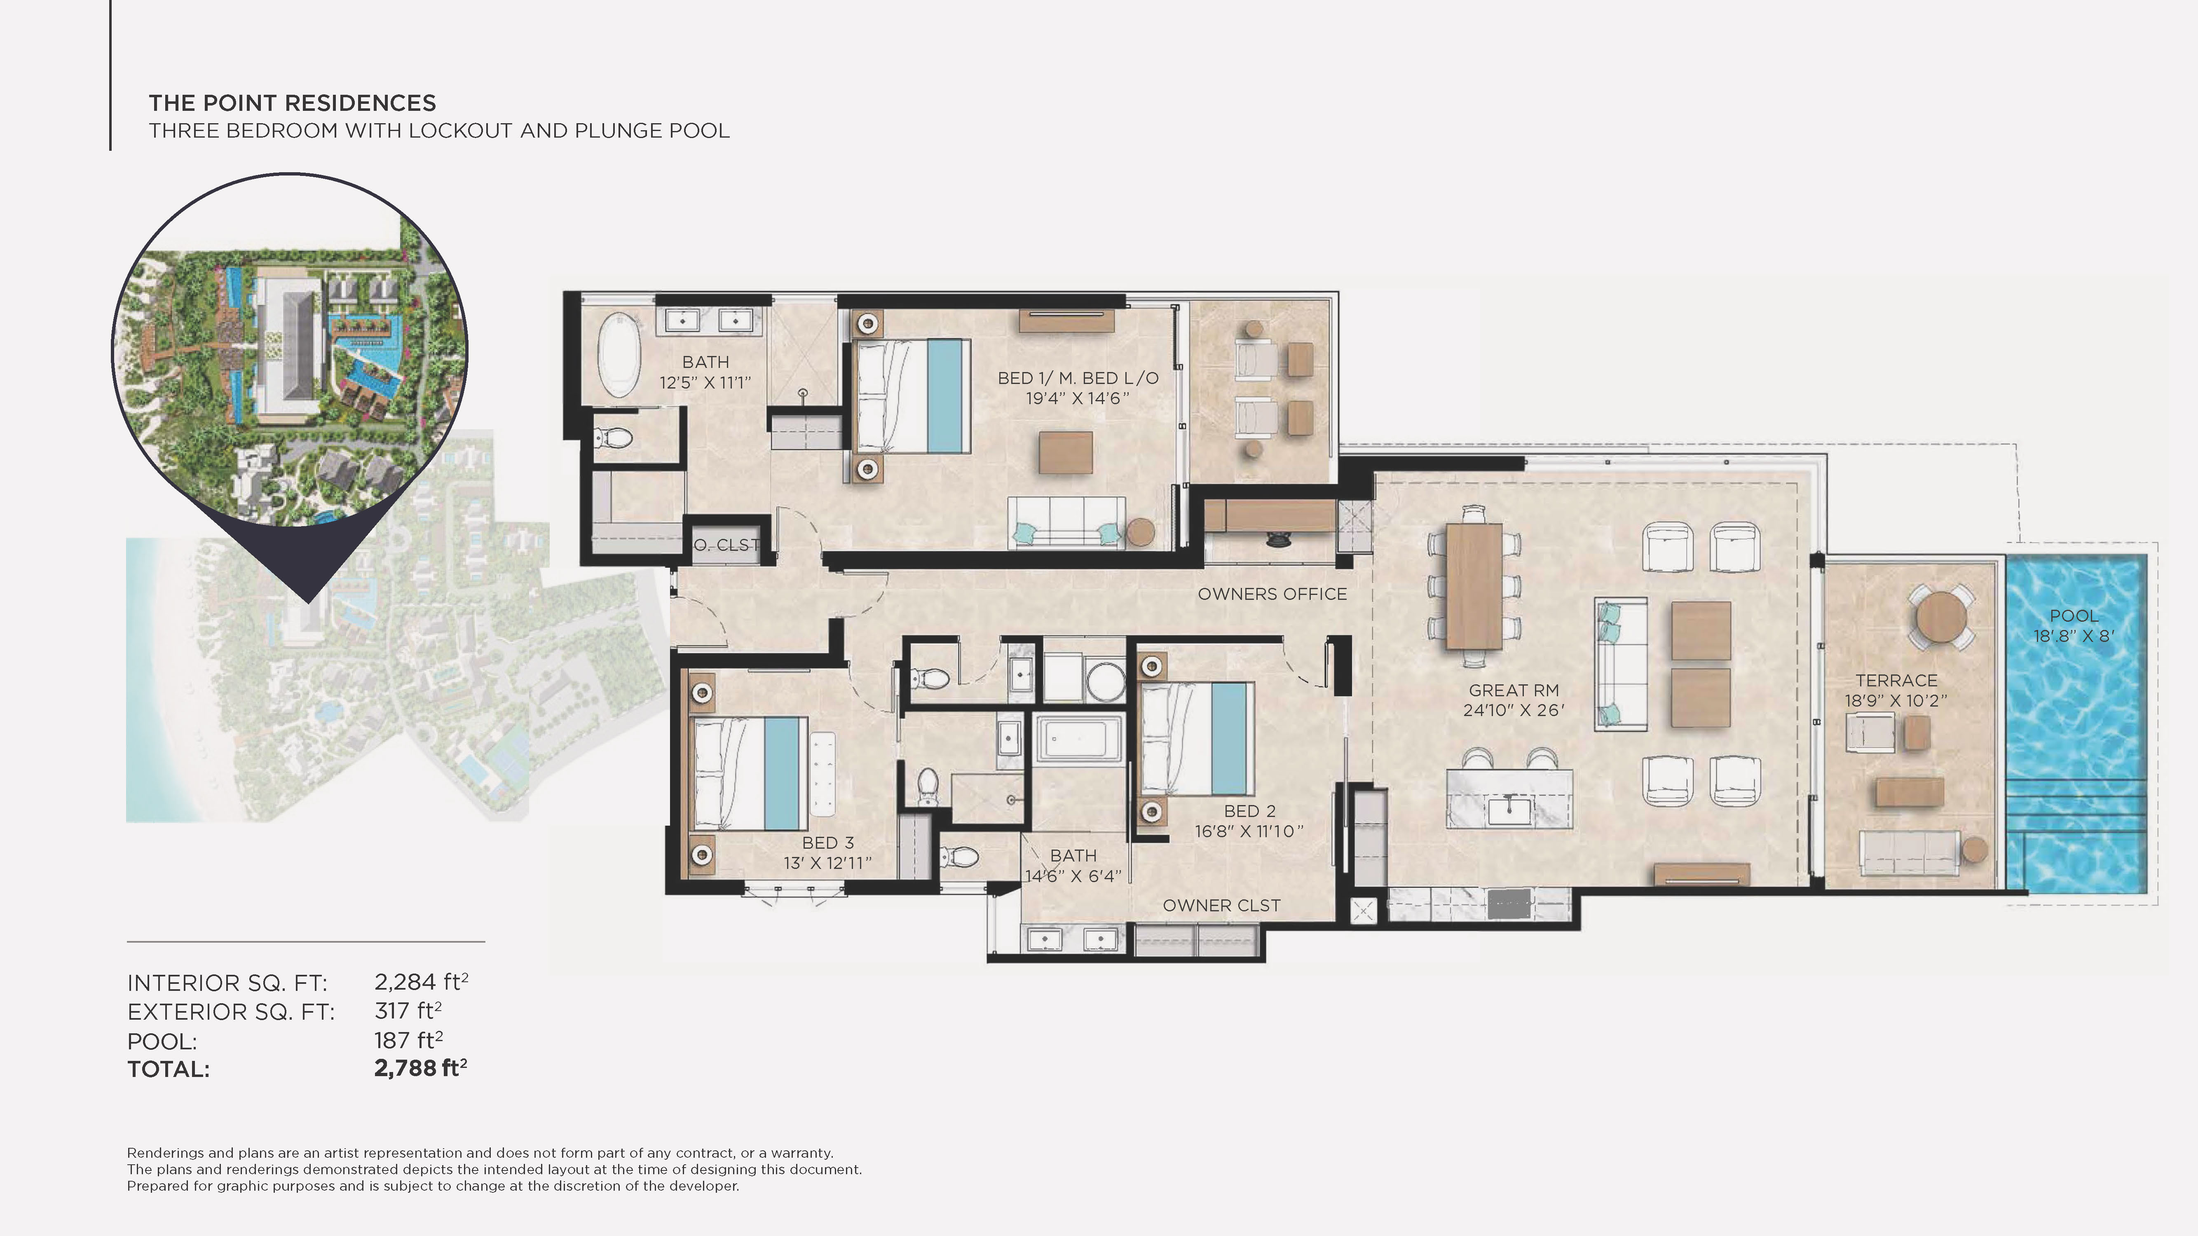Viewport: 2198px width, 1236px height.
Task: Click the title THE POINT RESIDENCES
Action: (x=292, y=103)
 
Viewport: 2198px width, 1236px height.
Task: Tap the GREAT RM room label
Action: (x=1514, y=690)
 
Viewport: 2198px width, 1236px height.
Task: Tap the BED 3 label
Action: (x=827, y=843)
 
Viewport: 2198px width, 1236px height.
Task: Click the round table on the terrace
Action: (x=1941, y=616)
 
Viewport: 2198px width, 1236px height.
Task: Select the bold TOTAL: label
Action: (x=168, y=1070)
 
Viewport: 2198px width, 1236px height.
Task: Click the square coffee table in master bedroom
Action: (x=1066, y=452)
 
